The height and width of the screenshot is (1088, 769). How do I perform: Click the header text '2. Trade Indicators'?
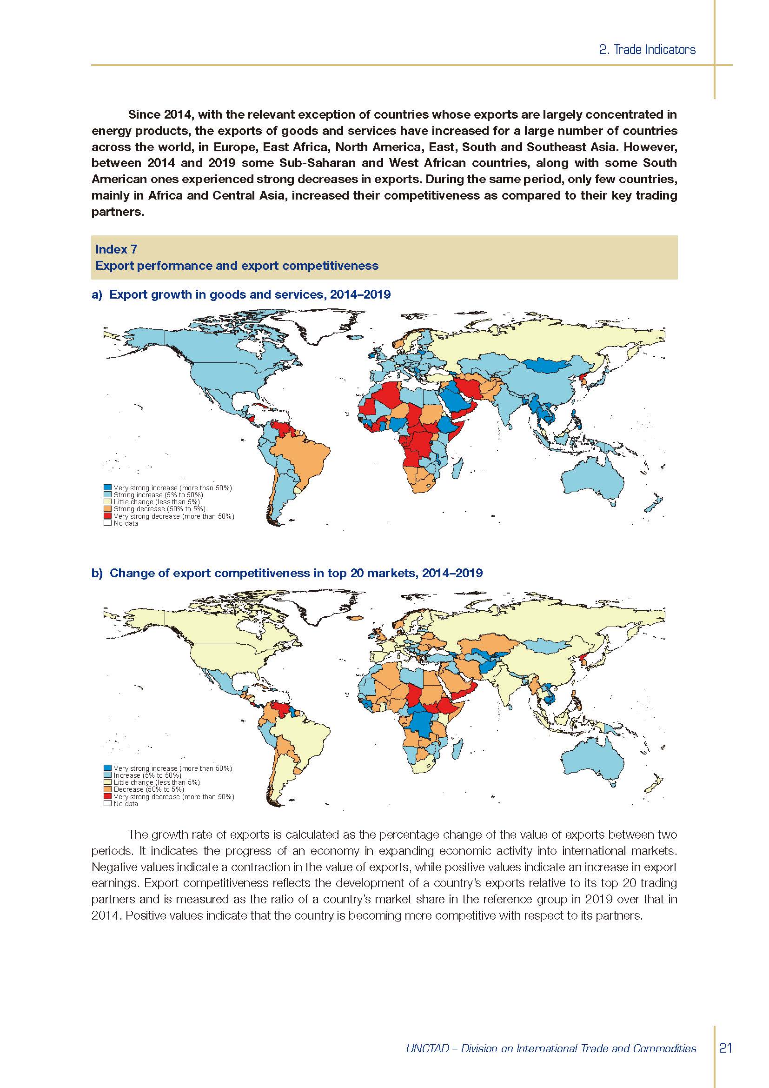pyautogui.click(x=647, y=50)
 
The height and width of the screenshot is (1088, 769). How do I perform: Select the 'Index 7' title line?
pyautogui.click(x=117, y=249)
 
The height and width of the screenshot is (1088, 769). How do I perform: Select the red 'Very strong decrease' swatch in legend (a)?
pyautogui.click(x=107, y=516)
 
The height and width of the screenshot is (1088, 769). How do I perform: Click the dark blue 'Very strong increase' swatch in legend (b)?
pyautogui.click(x=107, y=768)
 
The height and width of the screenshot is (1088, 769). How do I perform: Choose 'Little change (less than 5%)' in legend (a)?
pyautogui.click(x=156, y=501)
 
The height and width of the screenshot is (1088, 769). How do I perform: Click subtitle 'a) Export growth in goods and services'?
pyautogui.click(x=241, y=295)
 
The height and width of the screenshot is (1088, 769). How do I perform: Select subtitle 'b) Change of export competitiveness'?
pyautogui.click(x=287, y=573)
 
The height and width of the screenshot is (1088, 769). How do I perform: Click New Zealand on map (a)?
pyautogui.click(x=655, y=504)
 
